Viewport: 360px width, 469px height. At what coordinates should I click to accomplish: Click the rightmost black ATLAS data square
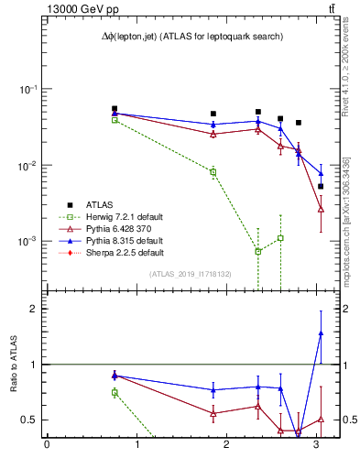(x=321, y=186)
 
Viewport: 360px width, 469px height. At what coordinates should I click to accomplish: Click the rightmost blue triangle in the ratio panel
(x=321, y=333)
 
